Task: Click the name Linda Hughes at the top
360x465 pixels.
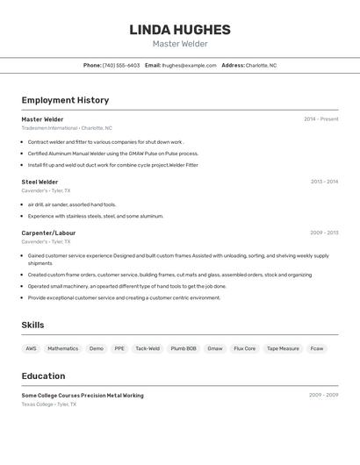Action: pos(180,30)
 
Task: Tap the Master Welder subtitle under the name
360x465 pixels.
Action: pos(180,44)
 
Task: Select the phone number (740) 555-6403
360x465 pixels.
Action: pos(121,65)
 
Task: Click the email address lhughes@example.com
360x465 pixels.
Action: pos(189,65)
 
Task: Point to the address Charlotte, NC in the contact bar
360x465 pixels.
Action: pos(261,65)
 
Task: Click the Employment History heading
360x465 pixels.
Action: pos(65,100)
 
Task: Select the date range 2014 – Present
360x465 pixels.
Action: pos(320,119)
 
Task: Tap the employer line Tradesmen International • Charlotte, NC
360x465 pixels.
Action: pos(67,128)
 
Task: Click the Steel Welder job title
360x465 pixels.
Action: pos(40,182)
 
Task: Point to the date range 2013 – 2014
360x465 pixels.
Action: pos(324,182)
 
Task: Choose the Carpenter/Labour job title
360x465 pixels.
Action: pos(48,232)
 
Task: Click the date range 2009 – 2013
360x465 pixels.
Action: pos(324,232)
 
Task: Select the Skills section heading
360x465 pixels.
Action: pos(32,325)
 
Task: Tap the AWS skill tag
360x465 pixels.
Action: pos(31,348)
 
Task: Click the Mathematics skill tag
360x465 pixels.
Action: pos(62,348)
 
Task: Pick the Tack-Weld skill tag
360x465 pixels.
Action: pos(148,348)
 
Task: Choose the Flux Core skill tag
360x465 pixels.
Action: pos(244,348)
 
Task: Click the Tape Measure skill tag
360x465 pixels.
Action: pos(283,348)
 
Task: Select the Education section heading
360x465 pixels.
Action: pos(43,376)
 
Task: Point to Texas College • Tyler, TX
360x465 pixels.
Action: pos(49,404)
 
